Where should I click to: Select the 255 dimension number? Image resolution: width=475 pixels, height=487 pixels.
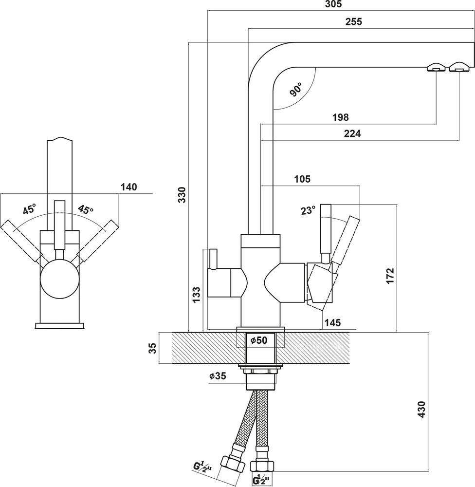(354, 21)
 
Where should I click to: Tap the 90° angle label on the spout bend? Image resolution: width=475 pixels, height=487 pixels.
(295, 90)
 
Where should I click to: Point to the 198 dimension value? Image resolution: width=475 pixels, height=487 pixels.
(341, 117)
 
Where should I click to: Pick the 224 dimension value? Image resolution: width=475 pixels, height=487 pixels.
(352, 133)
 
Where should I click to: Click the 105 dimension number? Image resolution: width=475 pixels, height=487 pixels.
(302, 179)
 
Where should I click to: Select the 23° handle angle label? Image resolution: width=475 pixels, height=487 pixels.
(308, 210)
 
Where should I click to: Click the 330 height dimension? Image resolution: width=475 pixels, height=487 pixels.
(183, 195)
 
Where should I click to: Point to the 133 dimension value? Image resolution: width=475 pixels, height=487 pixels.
(196, 295)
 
